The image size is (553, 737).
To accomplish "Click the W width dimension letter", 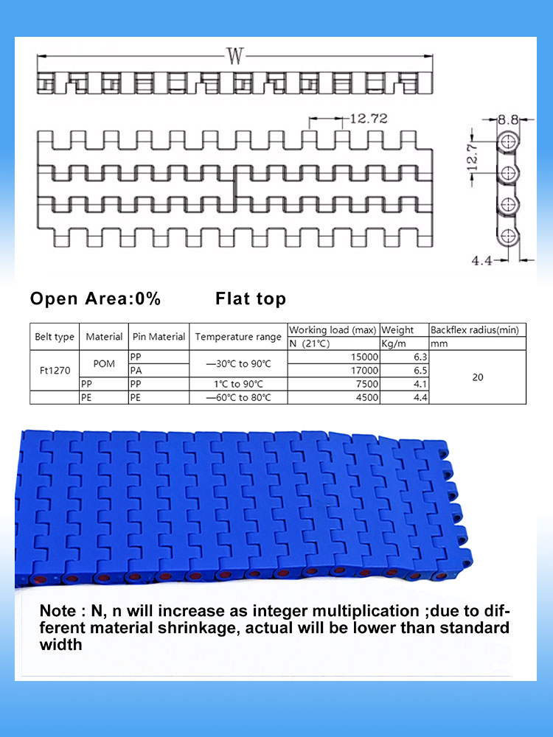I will click(x=234, y=55).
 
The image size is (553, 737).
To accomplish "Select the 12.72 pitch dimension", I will click(x=369, y=119).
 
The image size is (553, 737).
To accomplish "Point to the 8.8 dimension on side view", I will click(x=508, y=119).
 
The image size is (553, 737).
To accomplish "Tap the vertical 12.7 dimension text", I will click(x=474, y=156).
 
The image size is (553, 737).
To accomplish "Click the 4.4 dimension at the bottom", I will click(x=483, y=259).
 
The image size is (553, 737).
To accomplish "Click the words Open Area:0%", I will click(x=95, y=299).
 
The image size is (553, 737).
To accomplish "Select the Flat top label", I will click(x=251, y=299).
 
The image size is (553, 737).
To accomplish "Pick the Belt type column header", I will click(x=55, y=337).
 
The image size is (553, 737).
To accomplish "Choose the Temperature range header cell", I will click(x=238, y=337).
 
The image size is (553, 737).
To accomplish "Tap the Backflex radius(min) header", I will click(x=477, y=330).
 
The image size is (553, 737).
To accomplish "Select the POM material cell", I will click(x=104, y=364).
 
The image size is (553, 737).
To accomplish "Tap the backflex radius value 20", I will click(x=478, y=377).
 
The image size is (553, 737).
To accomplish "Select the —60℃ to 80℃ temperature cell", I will click(x=238, y=398).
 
